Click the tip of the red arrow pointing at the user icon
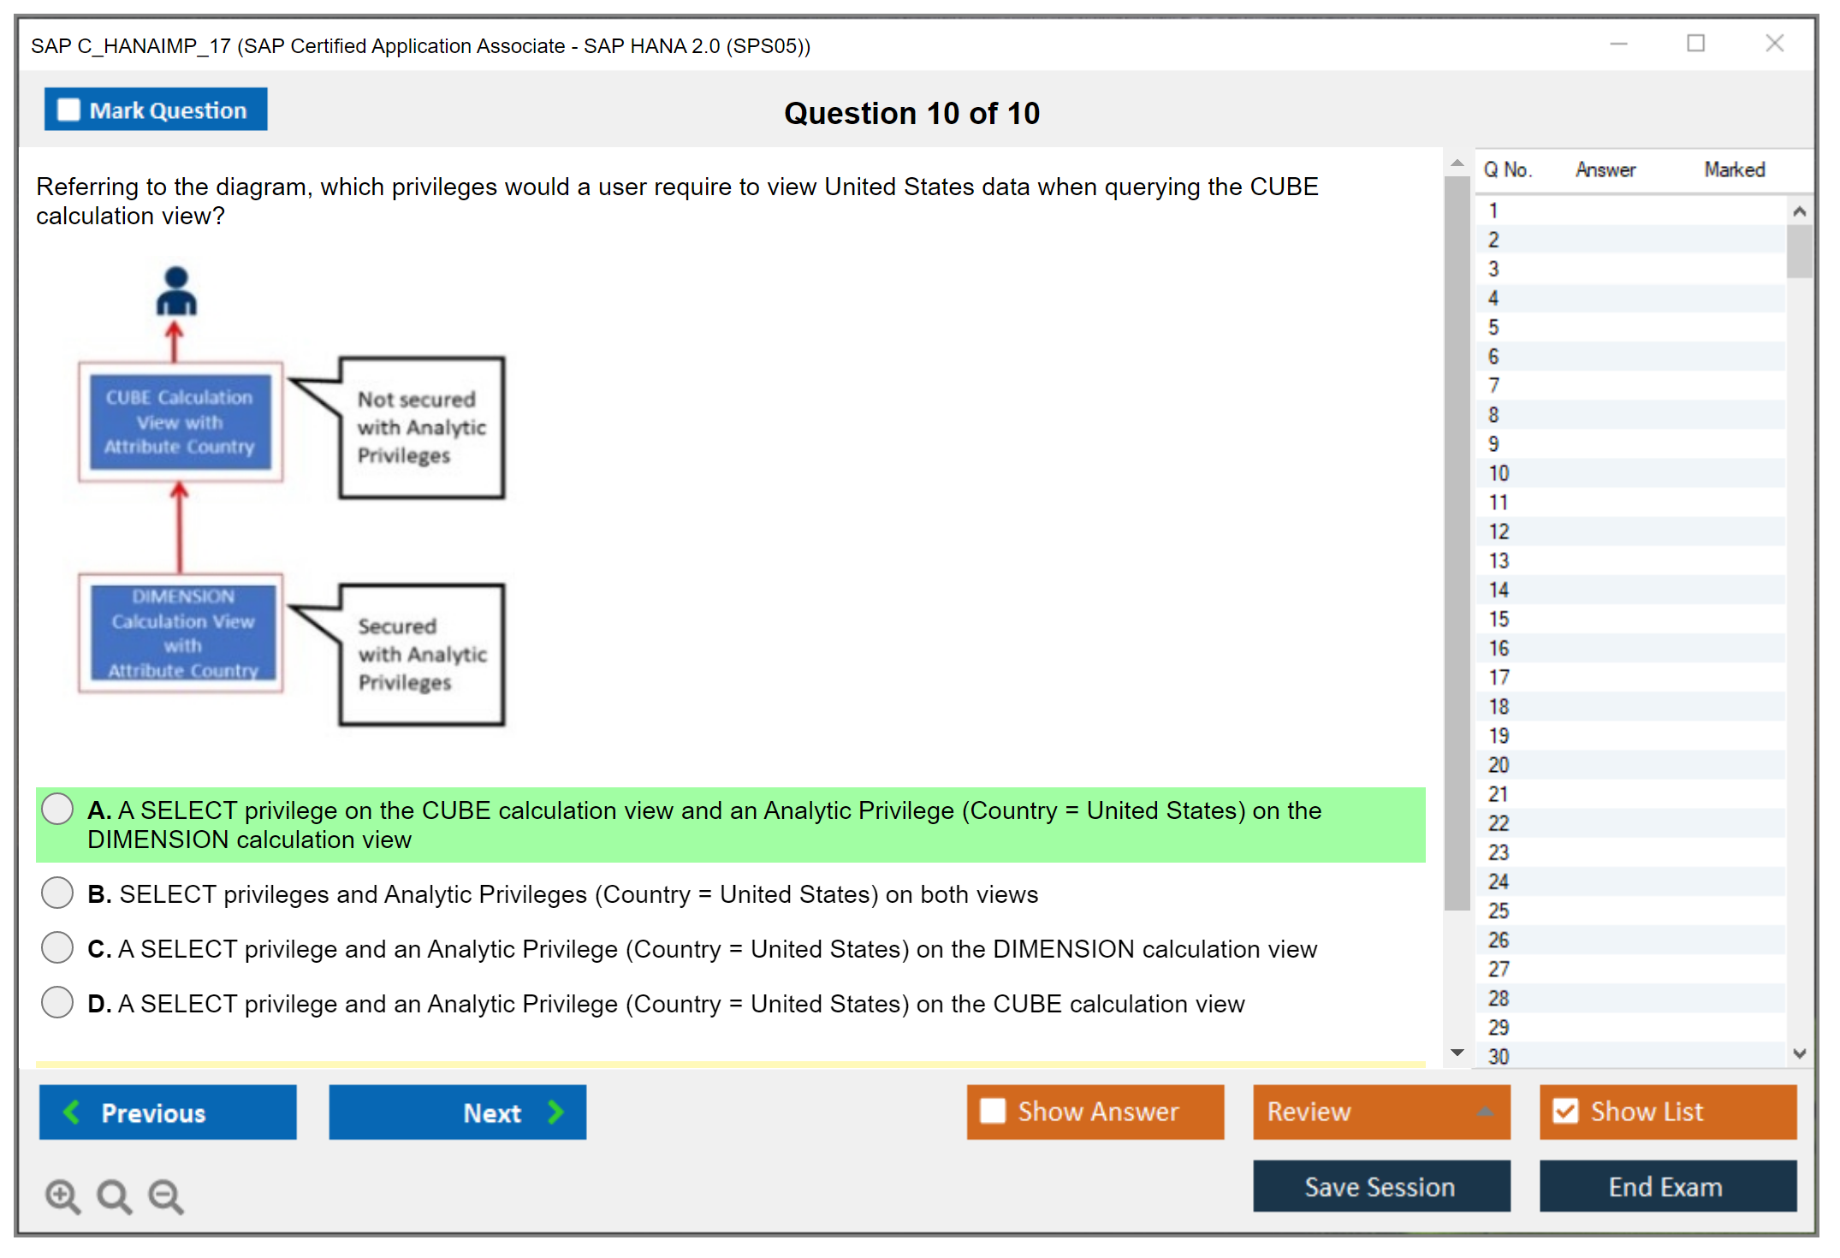click(x=175, y=321)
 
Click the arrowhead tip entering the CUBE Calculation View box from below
click(x=179, y=482)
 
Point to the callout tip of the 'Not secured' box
click(x=289, y=379)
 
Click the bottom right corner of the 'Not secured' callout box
click(x=504, y=496)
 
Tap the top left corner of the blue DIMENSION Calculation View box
click(x=92, y=586)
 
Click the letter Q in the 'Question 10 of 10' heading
click(x=796, y=114)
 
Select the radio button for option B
click(x=57, y=893)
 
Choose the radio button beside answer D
click(x=57, y=1002)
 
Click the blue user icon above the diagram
click(x=176, y=291)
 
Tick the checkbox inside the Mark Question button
click(x=68, y=110)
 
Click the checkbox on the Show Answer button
click(x=993, y=1111)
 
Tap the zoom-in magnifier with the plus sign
click(x=62, y=1196)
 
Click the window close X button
click(x=1774, y=44)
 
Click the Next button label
click(x=492, y=1113)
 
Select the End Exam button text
click(x=1665, y=1187)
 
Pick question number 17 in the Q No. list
click(x=1499, y=678)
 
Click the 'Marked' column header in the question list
click(x=1735, y=169)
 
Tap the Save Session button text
click(x=1380, y=1187)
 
